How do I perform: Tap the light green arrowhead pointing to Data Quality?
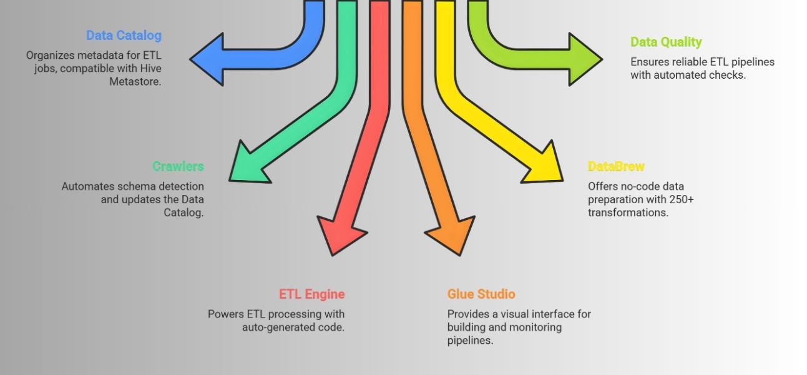coord(584,59)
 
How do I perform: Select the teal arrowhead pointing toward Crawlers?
coord(247,164)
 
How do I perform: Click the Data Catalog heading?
coord(124,36)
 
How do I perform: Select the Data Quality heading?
coord(666,42)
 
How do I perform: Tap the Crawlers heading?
coord(178,166)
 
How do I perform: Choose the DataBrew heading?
coord(616,167)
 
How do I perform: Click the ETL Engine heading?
coord(311,294)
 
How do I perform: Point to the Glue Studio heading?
coord(481,294)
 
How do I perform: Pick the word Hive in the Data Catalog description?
coord(150,68)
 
